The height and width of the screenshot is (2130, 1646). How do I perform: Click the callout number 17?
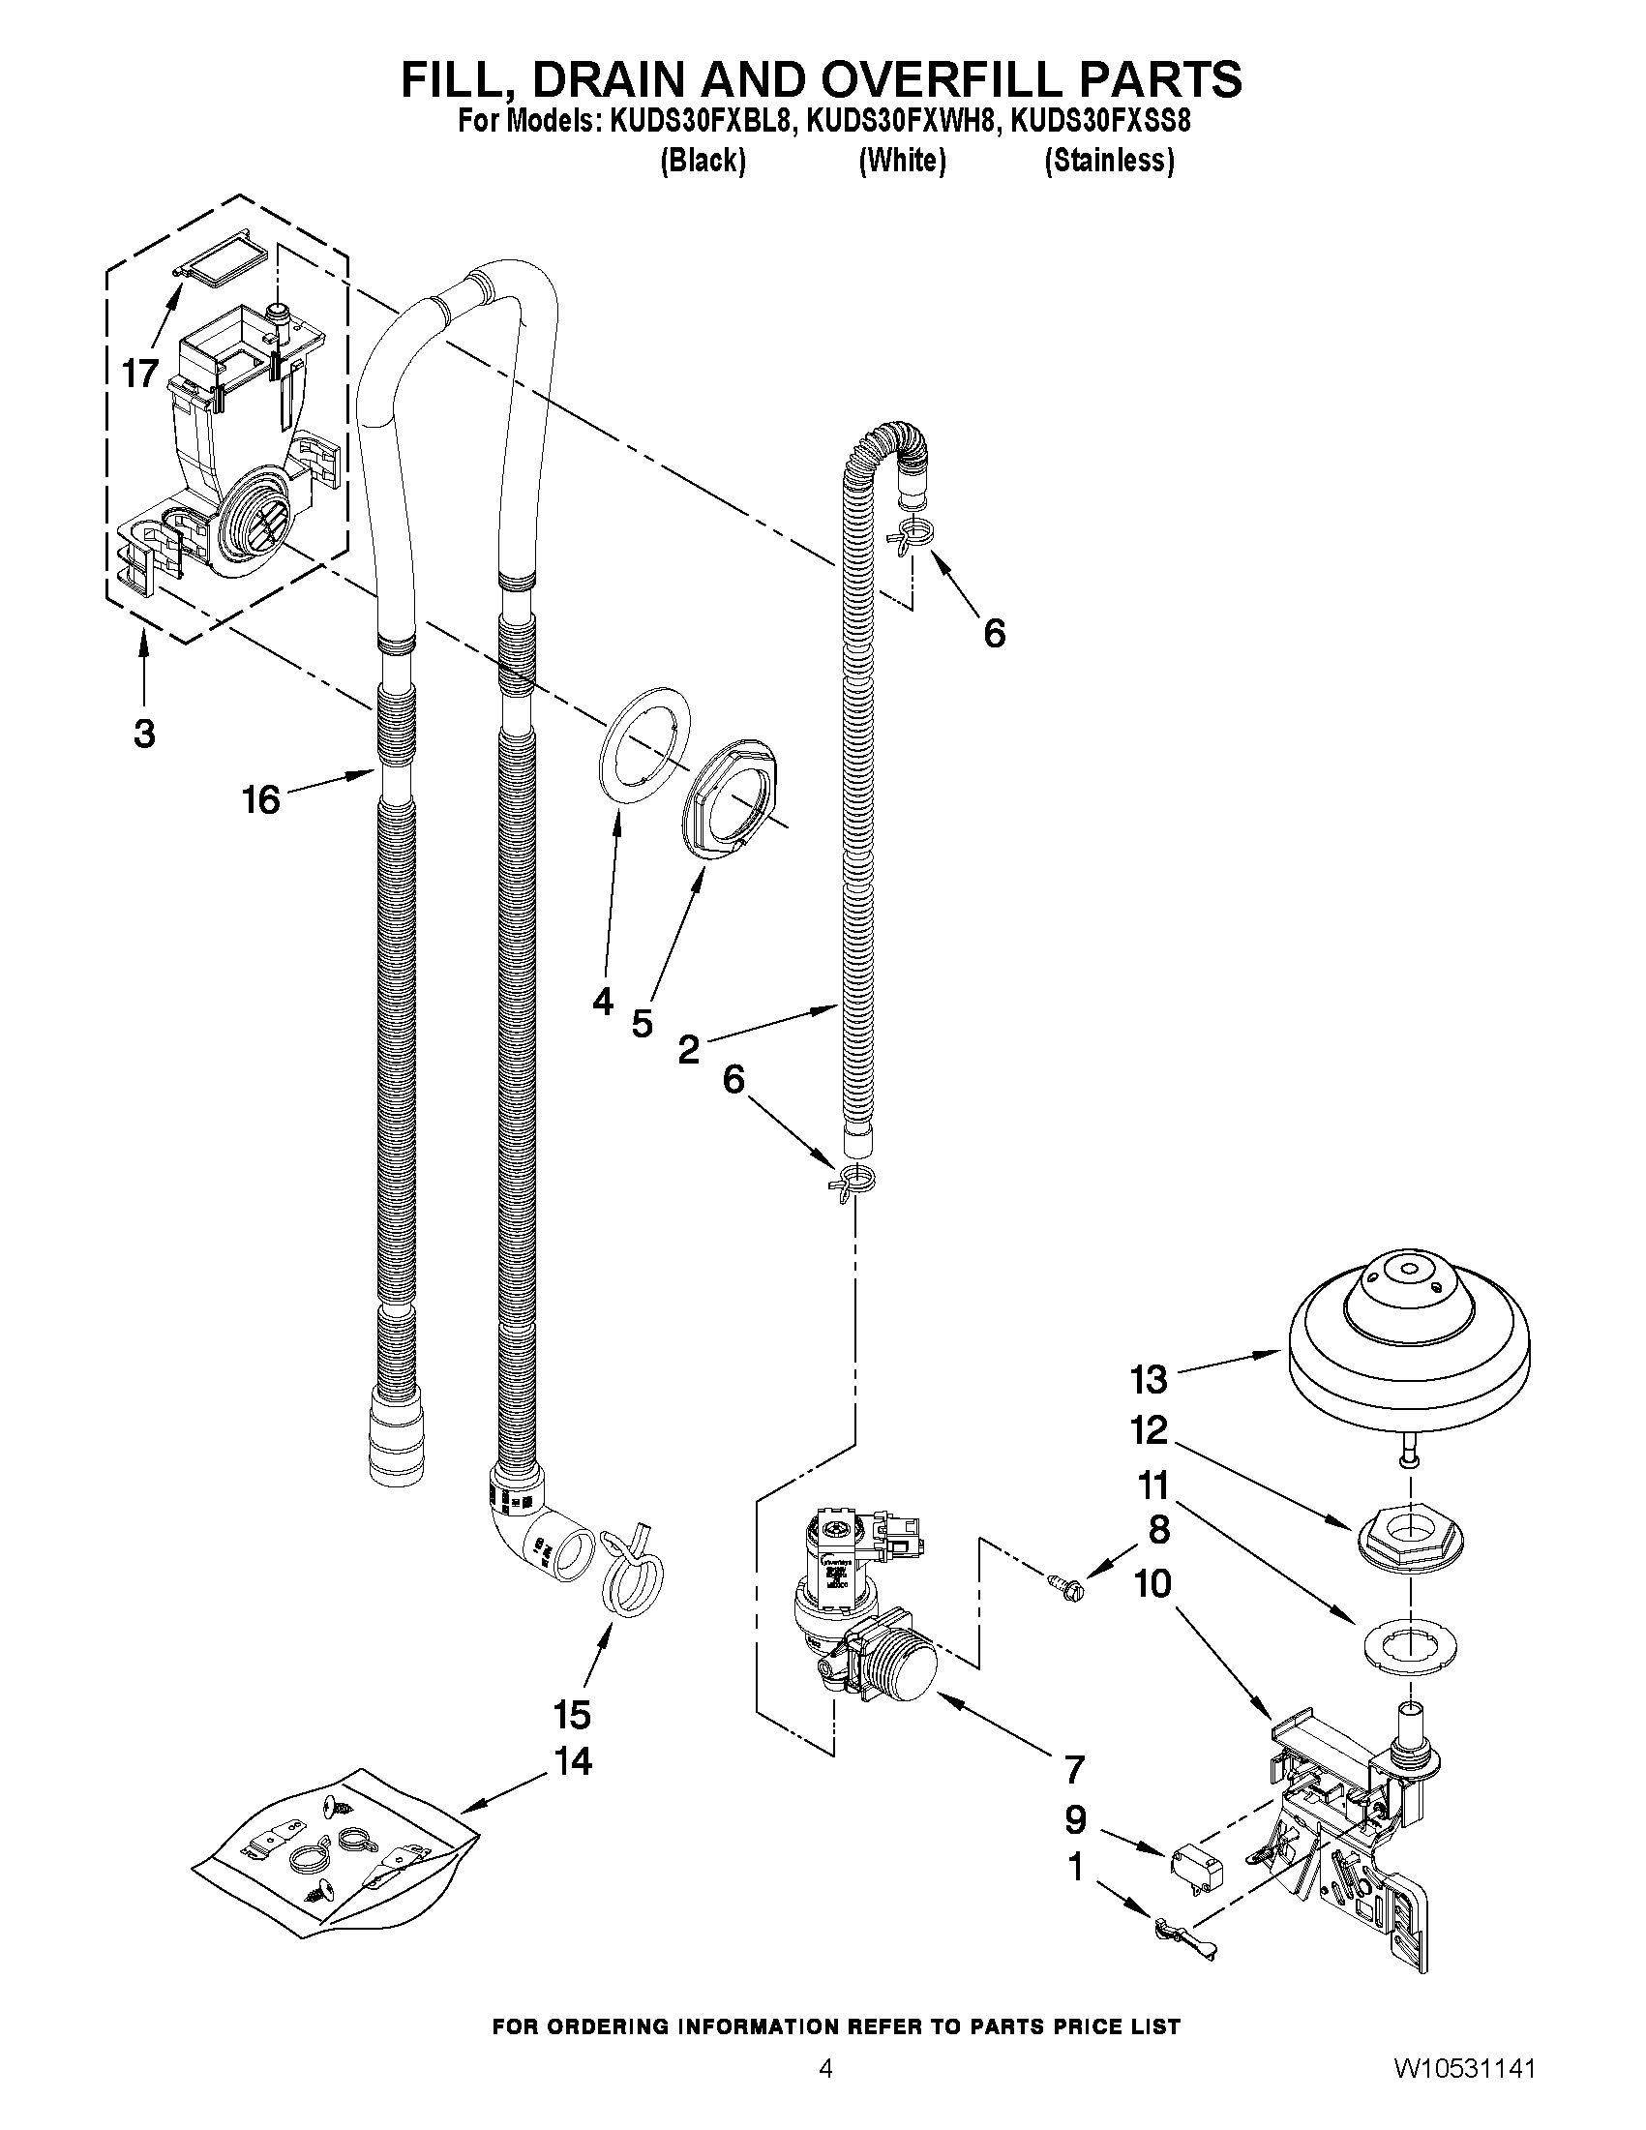pyautogui.click(x=140, y=374)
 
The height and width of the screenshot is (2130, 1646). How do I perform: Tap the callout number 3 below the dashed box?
pyautogui.click(x=144, y=734)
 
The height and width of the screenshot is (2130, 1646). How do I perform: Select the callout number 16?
pyautogui.click(x=261, y=800)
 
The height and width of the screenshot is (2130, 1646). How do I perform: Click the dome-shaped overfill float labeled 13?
pyautogui.click(x=1409, y=1347)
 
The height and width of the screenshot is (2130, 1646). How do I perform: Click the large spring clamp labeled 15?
pyautogui.click(x=631, y=1580)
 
